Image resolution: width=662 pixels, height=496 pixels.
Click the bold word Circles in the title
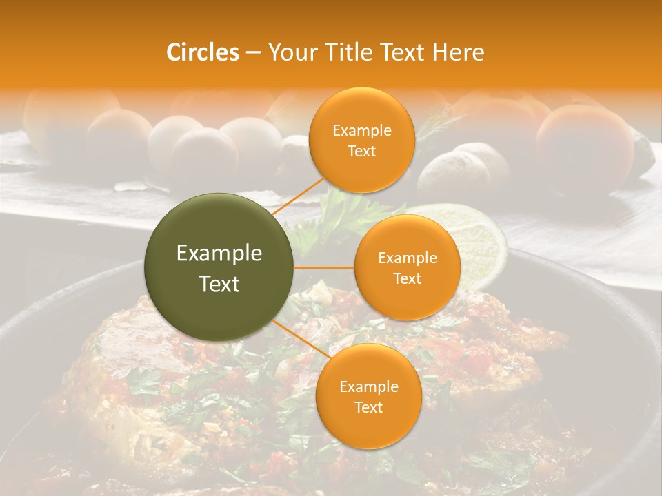[202, 52]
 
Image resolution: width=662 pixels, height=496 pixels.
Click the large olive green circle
[219, 267]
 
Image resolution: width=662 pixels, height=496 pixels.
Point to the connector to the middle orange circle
[324, 267]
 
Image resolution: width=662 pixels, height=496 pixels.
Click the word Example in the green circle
[219, 254]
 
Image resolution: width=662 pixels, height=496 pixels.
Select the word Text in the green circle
[219, 284]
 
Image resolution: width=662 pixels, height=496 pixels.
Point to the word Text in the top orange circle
[361, 152]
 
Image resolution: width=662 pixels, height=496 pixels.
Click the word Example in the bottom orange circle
[368, 386]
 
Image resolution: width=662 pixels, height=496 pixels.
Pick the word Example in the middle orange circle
[407, 258]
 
